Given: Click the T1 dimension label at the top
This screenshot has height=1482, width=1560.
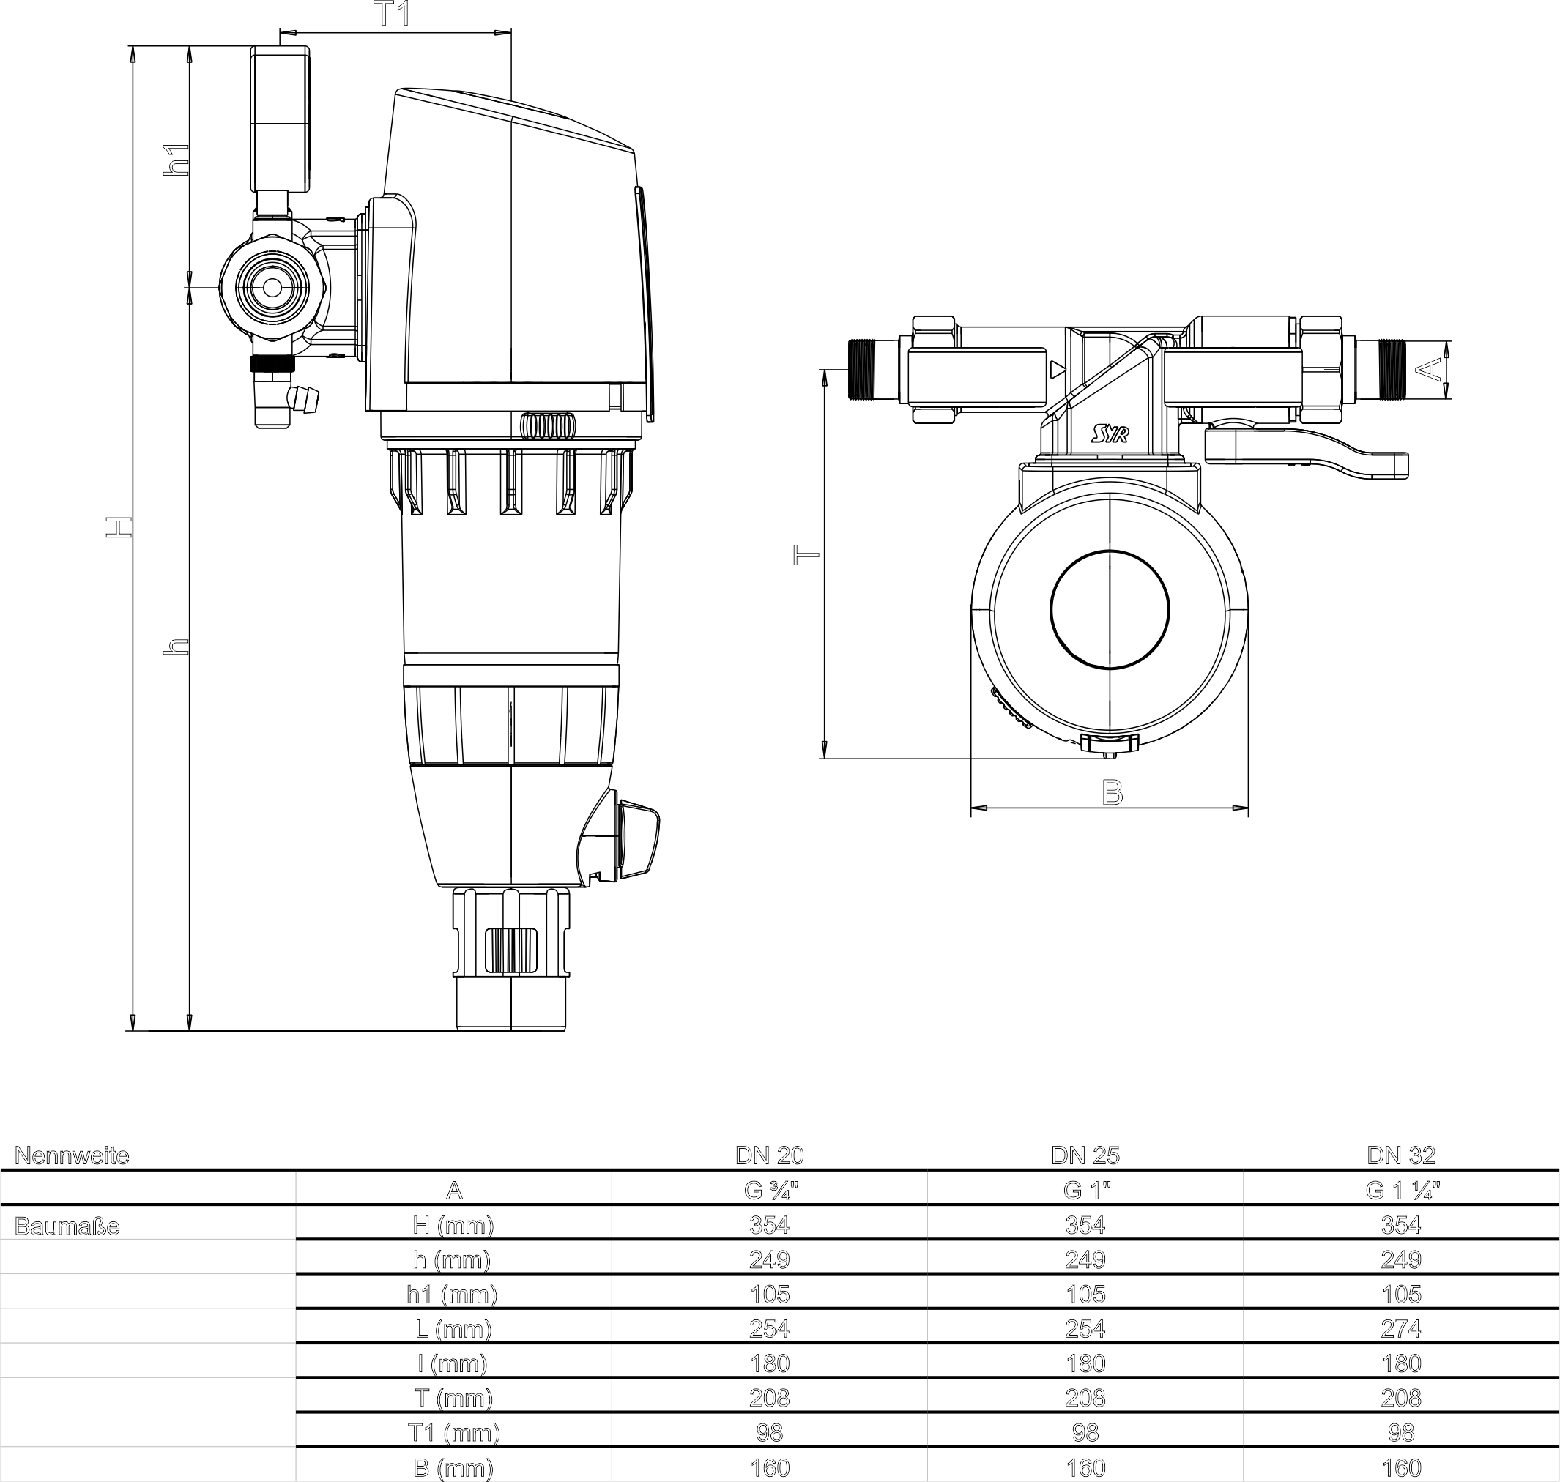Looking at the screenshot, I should coord(393,14).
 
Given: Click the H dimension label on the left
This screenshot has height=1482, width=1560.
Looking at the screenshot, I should coord(119,528).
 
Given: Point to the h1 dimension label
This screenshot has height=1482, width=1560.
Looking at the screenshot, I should coord(176,160).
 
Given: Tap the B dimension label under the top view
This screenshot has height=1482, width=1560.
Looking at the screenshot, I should coord(1112,792).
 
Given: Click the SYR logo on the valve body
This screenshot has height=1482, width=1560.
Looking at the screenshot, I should coord(1110,433).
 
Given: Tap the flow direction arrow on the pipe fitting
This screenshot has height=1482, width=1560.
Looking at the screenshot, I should coord(1058,369).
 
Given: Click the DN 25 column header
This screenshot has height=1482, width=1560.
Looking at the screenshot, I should coord(1085,1155).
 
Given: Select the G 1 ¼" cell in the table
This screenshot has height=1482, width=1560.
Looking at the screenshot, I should coord(1401,1190).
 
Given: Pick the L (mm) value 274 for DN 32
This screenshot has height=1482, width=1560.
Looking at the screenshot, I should coord(1401,1329).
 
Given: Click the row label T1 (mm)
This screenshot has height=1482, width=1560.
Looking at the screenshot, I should coord(453,1432).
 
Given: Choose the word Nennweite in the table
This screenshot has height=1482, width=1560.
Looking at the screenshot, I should coord(72,1155).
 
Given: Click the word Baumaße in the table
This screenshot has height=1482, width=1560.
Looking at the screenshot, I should coord(67,1226).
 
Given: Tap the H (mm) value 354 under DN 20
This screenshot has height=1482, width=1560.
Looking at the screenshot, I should coord(769,1224).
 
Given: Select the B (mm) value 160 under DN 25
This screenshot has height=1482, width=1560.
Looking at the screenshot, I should coord(1085,1468).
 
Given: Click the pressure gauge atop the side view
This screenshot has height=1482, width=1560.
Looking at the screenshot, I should coord(280,119).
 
